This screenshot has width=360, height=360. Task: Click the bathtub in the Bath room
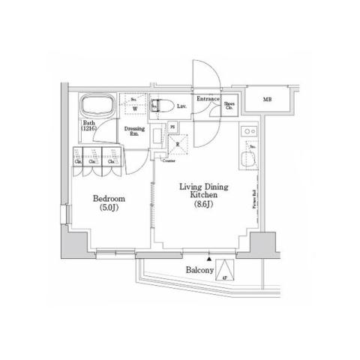(x=98, y=105)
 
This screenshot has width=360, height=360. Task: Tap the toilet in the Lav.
(x=160, y=106)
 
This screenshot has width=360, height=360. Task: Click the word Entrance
(x=207, y=99)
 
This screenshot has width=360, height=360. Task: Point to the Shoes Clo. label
(x=230, y=106)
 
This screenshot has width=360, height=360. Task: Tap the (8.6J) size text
(x=203, y=203)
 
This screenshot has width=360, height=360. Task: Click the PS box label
(x=172, y=126)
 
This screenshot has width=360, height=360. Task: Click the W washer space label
(x=134, y=109)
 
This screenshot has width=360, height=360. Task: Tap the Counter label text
(x=170, y=160)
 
